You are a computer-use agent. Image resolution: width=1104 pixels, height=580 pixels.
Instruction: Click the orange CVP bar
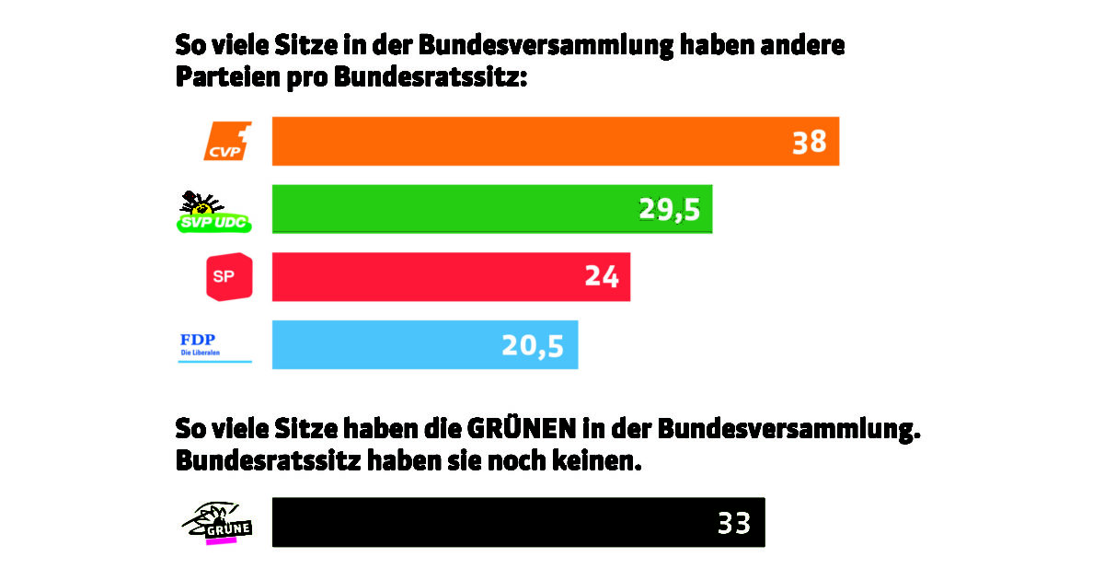(x=524, y=141)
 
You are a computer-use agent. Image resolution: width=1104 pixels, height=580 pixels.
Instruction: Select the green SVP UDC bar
(x=451, y=209)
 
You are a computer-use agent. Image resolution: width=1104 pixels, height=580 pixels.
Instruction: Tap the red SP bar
(x=423, y=276)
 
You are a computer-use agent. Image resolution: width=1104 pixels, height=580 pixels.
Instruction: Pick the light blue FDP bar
(x=386, y=344)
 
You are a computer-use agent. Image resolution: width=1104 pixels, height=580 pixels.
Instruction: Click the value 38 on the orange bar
(x=810, y=142)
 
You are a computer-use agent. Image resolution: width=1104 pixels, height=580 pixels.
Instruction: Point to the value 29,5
(x=670, y=210)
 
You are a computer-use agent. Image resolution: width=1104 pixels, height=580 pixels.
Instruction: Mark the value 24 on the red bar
(x=601, y=277)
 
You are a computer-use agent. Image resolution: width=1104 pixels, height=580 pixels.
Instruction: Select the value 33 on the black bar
(x=734, y=523)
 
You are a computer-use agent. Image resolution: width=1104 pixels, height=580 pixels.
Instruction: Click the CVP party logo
(x=227, y=141)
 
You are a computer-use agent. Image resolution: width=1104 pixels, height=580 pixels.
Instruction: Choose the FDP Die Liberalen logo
(x=213, y=345)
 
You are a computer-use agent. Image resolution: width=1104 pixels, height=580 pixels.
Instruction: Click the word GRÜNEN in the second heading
(x=523, y=430)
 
